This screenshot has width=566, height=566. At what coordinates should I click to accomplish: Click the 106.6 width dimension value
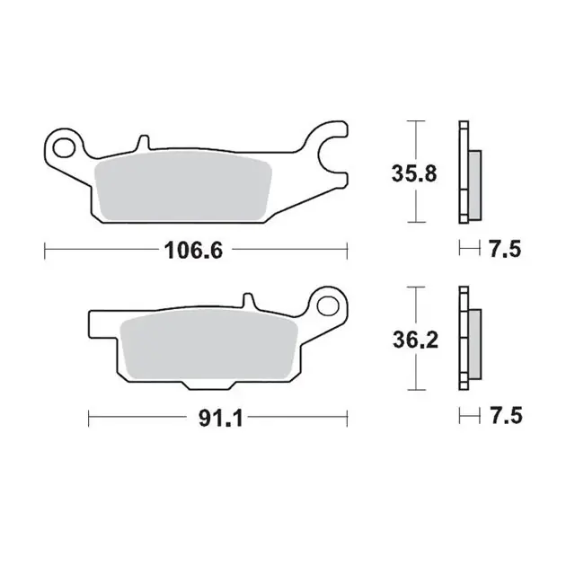[x=193, y=250]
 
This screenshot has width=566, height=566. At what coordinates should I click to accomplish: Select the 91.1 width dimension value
[x=220, y=419]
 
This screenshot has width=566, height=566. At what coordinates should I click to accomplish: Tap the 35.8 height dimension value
[x=414, y=173]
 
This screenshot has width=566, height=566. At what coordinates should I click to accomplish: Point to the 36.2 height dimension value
[x=415, y=340]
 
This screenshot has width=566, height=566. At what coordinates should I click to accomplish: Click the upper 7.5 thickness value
[x=505, y=249]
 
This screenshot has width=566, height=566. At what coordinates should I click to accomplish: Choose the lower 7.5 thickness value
[x=506, y=415]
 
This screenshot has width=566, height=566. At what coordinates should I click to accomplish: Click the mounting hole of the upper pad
[x=63, y=147]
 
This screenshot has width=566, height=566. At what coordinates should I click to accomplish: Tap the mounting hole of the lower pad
[x=328, y=305]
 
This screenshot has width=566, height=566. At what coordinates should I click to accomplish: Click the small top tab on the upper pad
[x=144, y=142]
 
